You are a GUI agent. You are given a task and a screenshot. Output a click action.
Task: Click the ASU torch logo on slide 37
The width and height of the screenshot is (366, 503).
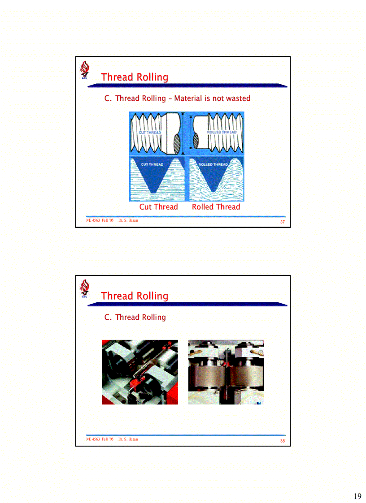point(84,71)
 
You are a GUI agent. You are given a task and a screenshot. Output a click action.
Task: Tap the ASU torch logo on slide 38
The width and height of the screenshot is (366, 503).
point(84,289)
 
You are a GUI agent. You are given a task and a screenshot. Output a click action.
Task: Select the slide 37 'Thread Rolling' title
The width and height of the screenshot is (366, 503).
point(135,77)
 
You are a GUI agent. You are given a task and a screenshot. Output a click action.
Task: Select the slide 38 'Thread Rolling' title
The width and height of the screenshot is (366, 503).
point(135,296)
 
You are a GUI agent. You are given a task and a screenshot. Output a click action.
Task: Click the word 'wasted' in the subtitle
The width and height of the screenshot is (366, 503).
point(237,98)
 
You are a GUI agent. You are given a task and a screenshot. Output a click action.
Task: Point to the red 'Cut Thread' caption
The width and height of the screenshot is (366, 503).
point(158,207)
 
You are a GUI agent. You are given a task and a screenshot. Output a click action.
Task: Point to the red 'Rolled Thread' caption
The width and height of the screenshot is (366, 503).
point(216,207)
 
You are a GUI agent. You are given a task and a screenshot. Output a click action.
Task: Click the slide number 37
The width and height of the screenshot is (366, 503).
point(283,223)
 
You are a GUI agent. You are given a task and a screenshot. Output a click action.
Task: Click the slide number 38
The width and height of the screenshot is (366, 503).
point(283,441)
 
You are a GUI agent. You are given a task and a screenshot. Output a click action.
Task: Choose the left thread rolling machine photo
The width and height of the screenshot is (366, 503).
point(140,372)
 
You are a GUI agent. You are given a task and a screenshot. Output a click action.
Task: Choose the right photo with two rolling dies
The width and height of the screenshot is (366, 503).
point(226,372)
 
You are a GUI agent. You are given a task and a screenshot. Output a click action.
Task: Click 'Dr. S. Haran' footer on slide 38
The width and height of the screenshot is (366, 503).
point(128,439)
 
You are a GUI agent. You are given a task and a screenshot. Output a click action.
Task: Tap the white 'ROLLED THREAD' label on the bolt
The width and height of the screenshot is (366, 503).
point(222,133)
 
